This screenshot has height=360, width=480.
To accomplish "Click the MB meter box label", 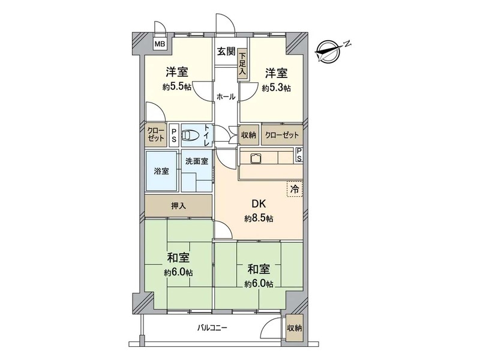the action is [x=160, y=44].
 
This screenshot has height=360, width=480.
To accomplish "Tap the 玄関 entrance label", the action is [x=226, y=52].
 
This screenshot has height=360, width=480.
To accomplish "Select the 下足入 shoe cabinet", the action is [x=242, y=64].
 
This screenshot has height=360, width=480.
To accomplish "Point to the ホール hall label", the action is [x=226, y=97].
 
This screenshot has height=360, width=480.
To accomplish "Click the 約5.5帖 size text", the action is [x=177, y=87].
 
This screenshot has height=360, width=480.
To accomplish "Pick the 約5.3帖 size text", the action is [x=276, y=88].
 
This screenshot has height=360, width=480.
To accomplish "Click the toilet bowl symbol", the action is [x=190, y=135].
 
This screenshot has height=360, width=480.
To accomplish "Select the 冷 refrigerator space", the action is [x=295, y=189].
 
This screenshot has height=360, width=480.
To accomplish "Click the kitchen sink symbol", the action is [x=255, y=158].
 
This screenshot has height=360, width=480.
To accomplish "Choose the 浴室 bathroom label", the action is [x=161, y=171].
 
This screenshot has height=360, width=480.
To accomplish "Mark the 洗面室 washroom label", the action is [x=197, y=161].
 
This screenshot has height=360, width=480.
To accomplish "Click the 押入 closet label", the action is [x=178, y=206].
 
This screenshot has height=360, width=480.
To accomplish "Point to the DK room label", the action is [x=259, y=203].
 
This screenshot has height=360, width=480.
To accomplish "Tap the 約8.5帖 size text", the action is [x=259, y=218].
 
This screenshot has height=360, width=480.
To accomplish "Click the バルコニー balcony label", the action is [x=212, y=328].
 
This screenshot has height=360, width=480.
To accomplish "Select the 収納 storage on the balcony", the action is [x=295, y=328].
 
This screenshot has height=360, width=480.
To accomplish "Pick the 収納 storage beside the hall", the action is [x=248, y=134].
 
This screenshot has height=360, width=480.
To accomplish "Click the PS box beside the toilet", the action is [x=174, y=135].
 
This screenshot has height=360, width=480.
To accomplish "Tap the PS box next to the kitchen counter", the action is [x=299, y=155].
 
